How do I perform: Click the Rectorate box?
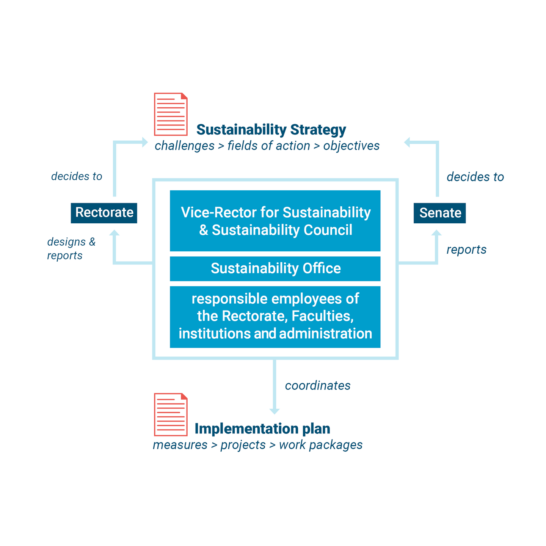coord(104,213)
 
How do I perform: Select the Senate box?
coord(439,213)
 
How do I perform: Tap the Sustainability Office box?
coord(275,268)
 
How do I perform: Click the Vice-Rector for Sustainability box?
coord(275,221)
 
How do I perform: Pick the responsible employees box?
coord(275,317)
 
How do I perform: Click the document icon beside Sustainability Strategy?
coord(171,114)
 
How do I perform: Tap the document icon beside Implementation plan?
coord(171,414)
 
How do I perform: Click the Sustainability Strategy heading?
coord(271,130)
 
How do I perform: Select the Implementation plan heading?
coord(262,428)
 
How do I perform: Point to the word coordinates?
coord(318,386)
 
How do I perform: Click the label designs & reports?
coord(71,248)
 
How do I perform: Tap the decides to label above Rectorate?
coord(77,176)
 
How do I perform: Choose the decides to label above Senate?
coord(475,177)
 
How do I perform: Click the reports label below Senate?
coord(466,249)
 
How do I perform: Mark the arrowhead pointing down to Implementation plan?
coord(274,411)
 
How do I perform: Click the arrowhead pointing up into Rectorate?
coord(114,233)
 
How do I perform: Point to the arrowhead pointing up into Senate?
coord(437,233)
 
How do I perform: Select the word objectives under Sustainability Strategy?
coord(351,146)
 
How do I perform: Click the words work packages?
coord(321,445)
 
